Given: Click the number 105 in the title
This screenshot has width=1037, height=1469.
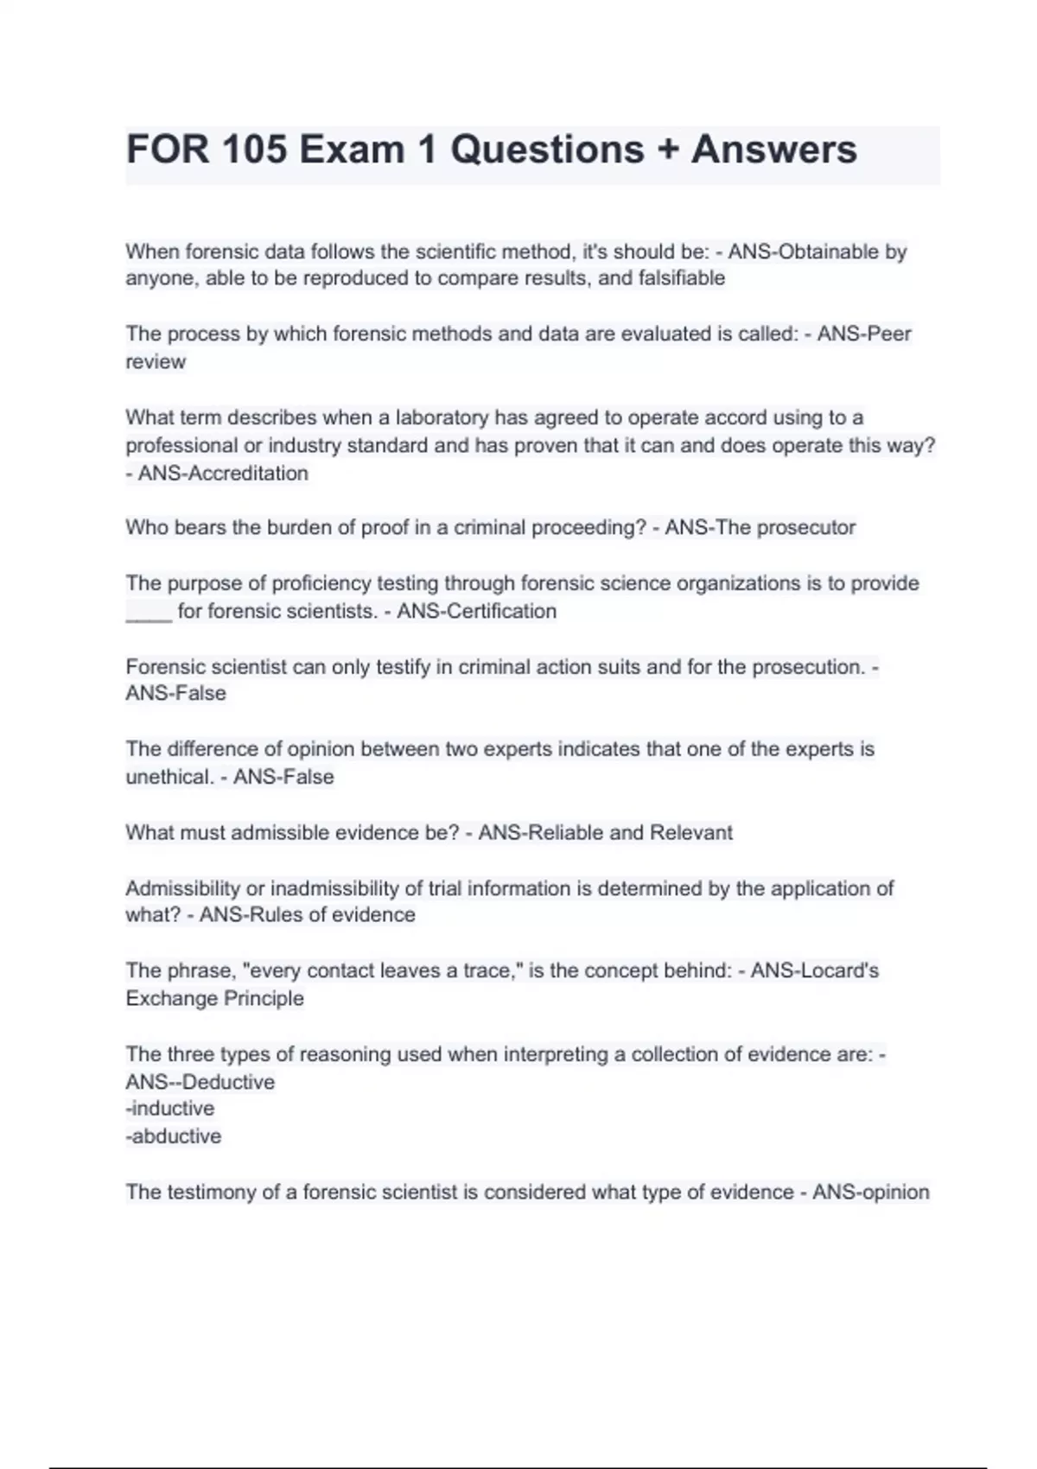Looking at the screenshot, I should pos(254,149).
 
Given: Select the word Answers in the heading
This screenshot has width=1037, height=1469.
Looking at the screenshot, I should pos(773,149).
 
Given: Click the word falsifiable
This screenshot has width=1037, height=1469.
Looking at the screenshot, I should pos(681,278).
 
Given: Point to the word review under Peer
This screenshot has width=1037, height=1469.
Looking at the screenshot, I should pos(156,362).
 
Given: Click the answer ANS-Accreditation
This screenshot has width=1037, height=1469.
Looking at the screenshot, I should pos(223,474).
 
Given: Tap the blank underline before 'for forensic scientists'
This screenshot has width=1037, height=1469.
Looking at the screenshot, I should pos(149,613).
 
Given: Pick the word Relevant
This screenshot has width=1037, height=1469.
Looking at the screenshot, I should pos(691,832).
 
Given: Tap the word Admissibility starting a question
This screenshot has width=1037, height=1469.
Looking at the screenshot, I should pos(182,888).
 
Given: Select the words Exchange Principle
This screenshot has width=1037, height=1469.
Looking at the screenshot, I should pos(214,998).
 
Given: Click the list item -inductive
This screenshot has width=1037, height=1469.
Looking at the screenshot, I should pos(170,1109).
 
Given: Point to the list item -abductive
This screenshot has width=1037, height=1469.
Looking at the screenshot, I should pos(174,1136).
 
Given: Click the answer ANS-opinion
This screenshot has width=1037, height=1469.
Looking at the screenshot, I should pos(870,1192).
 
